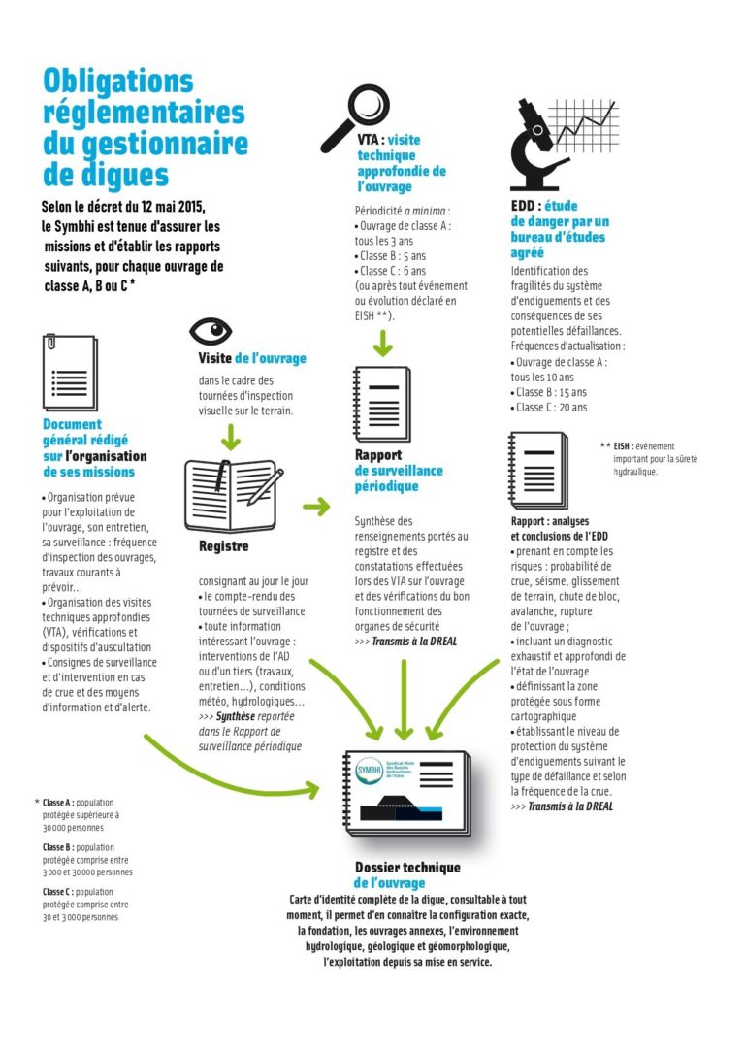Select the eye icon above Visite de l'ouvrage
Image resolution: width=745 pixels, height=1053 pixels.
(x=211, y=332)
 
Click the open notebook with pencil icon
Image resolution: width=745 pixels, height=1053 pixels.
(x=233, y=493)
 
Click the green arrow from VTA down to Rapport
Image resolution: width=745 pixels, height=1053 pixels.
(x=385, y=341)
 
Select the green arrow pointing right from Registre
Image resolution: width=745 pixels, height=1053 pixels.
(x=316, y=506)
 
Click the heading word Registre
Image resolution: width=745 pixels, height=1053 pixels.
(x=223, y=546)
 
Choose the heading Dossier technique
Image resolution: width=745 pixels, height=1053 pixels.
(x=407, y=868)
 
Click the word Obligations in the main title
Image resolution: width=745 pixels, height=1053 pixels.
(x=118, y=81)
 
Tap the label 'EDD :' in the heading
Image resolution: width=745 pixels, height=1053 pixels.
(x=526, y=207)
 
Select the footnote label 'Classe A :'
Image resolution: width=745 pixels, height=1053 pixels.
(x=57, y=803)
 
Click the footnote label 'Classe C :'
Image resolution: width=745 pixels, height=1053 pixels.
(x=57, y=892)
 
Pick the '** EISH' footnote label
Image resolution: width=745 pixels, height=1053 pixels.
(x=617, y=446)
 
